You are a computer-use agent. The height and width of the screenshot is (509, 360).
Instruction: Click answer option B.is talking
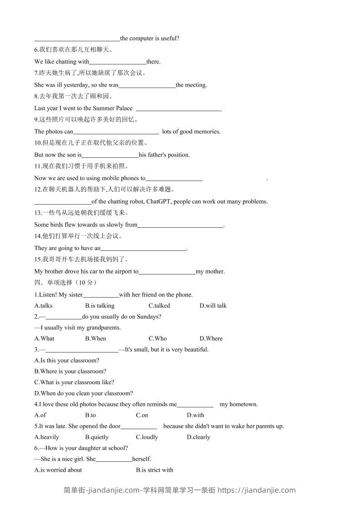(99, 306)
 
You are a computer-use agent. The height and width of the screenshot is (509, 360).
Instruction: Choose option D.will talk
(213, 306)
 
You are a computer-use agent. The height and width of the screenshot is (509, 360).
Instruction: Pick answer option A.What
(44, 338)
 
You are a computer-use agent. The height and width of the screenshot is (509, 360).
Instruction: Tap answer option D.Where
(211, 338)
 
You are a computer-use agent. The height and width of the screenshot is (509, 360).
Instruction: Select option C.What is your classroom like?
(74, 382)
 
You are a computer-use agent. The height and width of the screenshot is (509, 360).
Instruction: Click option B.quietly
(97, 437)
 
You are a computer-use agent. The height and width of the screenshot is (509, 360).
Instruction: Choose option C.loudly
(147, 437)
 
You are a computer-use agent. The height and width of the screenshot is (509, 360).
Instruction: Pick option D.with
(195, 415)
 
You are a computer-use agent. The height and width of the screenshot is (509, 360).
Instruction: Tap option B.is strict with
(154, 470)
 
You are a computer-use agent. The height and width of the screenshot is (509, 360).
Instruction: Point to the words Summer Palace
(113, 108)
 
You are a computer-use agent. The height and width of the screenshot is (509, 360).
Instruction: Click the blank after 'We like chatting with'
(118, 62)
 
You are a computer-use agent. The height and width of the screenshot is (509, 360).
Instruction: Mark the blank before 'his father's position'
(110, 155)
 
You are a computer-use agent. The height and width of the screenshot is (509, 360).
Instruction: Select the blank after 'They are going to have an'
(143, 249)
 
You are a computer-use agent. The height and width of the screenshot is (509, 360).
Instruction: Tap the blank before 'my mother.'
(167, 272)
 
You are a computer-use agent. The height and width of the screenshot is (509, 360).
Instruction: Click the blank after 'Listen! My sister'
(101, 295)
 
